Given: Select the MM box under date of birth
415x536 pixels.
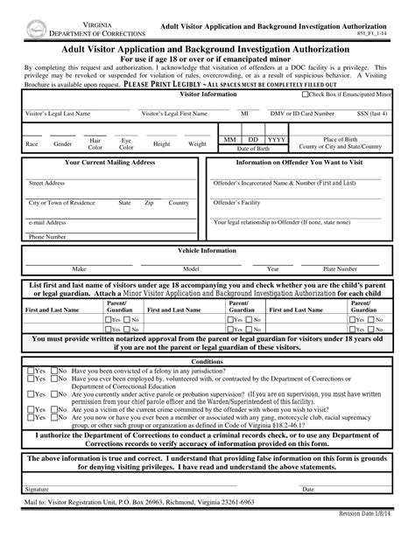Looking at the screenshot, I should [x=229, y=139].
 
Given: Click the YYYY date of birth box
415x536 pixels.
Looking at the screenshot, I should [x=276, y=139].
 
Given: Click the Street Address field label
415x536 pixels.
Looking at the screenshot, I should [x=47, y=184].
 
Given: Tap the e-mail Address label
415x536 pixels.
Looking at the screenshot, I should [x=49, y=221].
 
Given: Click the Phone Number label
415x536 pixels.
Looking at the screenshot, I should [x=47, y=236].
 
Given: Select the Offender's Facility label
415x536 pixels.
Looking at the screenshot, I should [x=239, y=202].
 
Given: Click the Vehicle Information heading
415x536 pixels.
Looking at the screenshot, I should [x=207, y=249].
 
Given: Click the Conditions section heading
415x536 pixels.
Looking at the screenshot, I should [x=207, y=360].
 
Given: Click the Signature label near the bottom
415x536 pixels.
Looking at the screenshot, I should [x=37, y=488].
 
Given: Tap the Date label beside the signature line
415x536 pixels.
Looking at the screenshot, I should [x=308, y=488].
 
